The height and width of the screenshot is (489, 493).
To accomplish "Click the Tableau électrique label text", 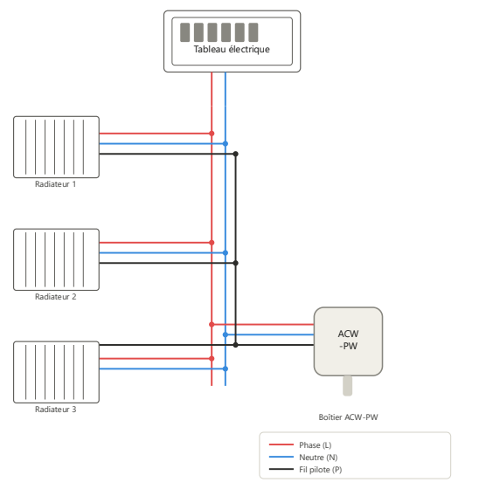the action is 232,49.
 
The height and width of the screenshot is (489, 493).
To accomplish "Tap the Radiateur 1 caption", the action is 55,184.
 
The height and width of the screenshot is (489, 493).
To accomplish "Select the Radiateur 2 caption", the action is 55,297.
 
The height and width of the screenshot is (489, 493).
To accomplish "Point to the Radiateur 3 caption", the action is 55,410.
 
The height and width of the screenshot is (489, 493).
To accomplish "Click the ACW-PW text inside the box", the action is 348,340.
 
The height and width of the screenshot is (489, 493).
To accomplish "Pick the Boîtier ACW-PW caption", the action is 348,417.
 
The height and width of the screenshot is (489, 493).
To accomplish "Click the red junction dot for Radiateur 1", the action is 212,134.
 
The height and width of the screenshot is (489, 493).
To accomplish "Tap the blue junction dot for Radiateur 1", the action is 226,143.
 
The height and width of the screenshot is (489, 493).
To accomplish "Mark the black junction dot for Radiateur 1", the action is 235,154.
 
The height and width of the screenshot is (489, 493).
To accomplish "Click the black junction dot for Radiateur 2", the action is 235,263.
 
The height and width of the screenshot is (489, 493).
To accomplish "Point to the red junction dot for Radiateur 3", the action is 212,358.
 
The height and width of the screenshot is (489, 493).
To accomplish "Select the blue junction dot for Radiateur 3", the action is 226,368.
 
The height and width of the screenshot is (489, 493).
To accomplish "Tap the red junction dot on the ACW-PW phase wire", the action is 212,325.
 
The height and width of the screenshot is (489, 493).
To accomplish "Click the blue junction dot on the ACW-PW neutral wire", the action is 226,334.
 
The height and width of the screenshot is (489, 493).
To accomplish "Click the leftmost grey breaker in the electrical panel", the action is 185,32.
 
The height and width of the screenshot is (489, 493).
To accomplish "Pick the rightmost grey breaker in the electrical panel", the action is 253,32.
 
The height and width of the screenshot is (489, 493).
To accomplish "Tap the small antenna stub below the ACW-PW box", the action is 347,386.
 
